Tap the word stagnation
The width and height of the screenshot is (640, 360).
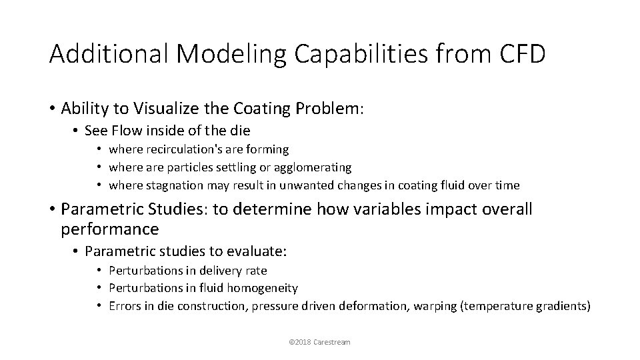[x=172, y=185]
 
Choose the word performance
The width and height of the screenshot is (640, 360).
[x=109, y=230]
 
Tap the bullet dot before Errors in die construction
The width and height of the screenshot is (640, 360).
[x=98, y=305]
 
